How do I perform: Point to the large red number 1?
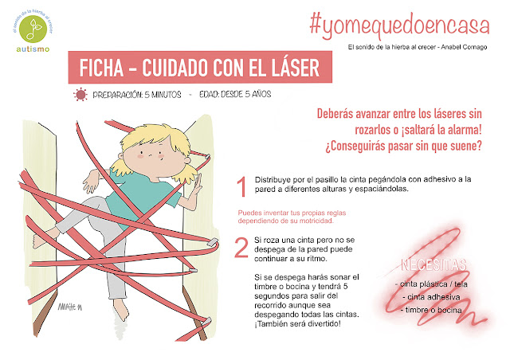coord(240,188)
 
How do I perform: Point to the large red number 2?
coord(240,247)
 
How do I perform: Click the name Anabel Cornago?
coord(465,45)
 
